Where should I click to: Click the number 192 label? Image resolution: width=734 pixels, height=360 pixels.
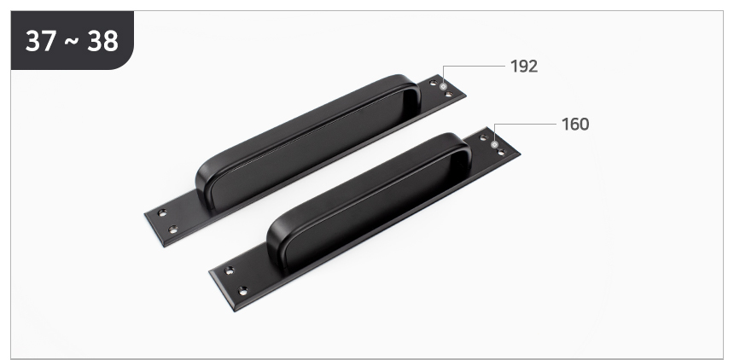click(x=524, y=67)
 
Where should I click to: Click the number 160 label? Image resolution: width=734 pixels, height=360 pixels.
click(x=575, y=125)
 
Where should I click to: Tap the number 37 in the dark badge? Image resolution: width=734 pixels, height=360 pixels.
click(x=41, y=41)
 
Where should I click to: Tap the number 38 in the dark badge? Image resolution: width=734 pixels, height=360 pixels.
click(x=102, y=41)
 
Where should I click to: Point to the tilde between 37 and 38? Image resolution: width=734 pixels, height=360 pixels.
click(x=72, y=41)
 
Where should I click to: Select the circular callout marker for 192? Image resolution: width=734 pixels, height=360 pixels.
click(x=443, y=87)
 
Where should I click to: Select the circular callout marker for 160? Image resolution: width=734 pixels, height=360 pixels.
click(x=494, y=145)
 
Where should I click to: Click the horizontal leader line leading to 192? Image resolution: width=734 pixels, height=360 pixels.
click(x=474, y=67)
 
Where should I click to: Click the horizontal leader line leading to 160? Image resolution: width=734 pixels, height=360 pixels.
click(x=525, y=125)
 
